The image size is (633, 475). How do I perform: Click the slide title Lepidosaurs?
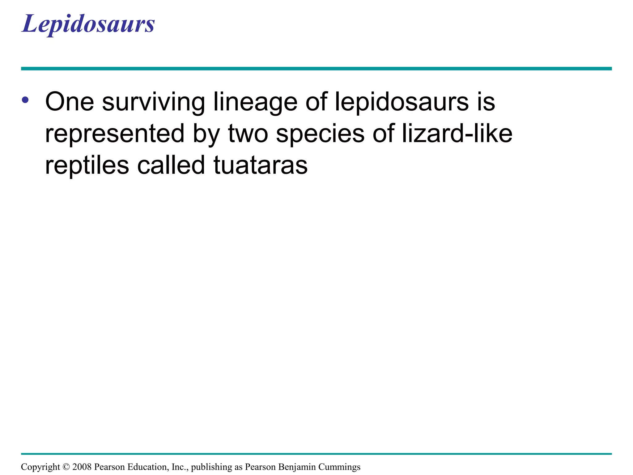[88, 24]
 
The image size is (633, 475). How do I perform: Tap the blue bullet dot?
[25, 100]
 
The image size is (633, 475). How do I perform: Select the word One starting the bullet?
[70, 102]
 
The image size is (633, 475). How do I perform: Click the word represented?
[115, 134]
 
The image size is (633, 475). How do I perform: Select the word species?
[320, 134]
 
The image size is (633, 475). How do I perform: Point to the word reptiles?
[87, 166]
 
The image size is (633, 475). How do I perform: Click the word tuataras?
[261, 165]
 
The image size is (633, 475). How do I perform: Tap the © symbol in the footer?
[66, 467]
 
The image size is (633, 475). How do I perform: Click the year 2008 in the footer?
[82, 467]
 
